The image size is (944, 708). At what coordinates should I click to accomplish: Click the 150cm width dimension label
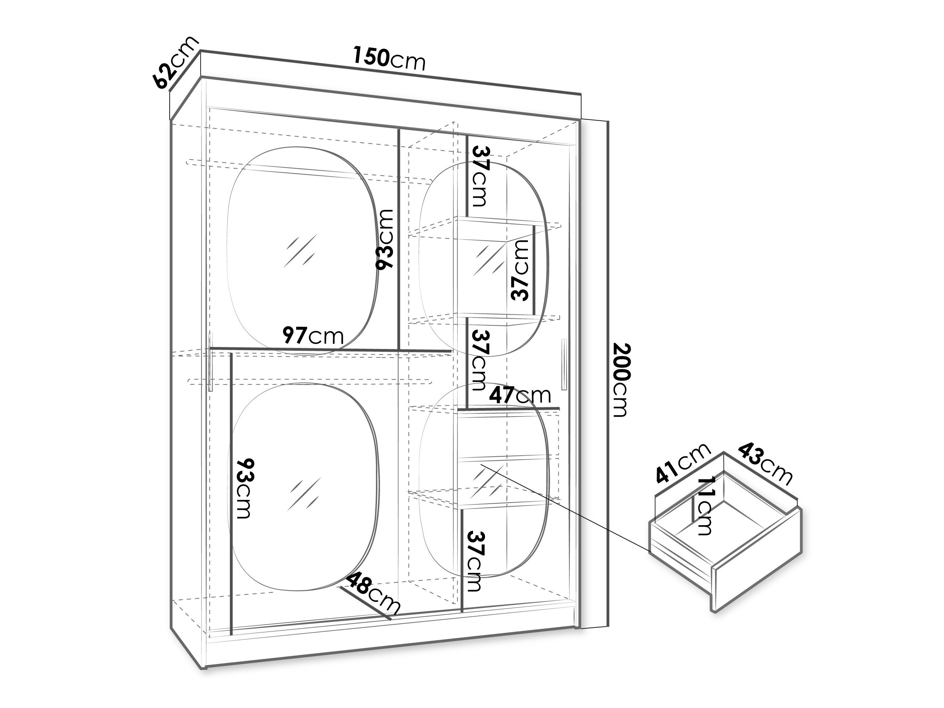coord(389,59)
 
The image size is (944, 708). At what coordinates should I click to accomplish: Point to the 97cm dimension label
coord(313,336)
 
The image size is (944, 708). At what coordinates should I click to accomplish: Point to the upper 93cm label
coord(385,239)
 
